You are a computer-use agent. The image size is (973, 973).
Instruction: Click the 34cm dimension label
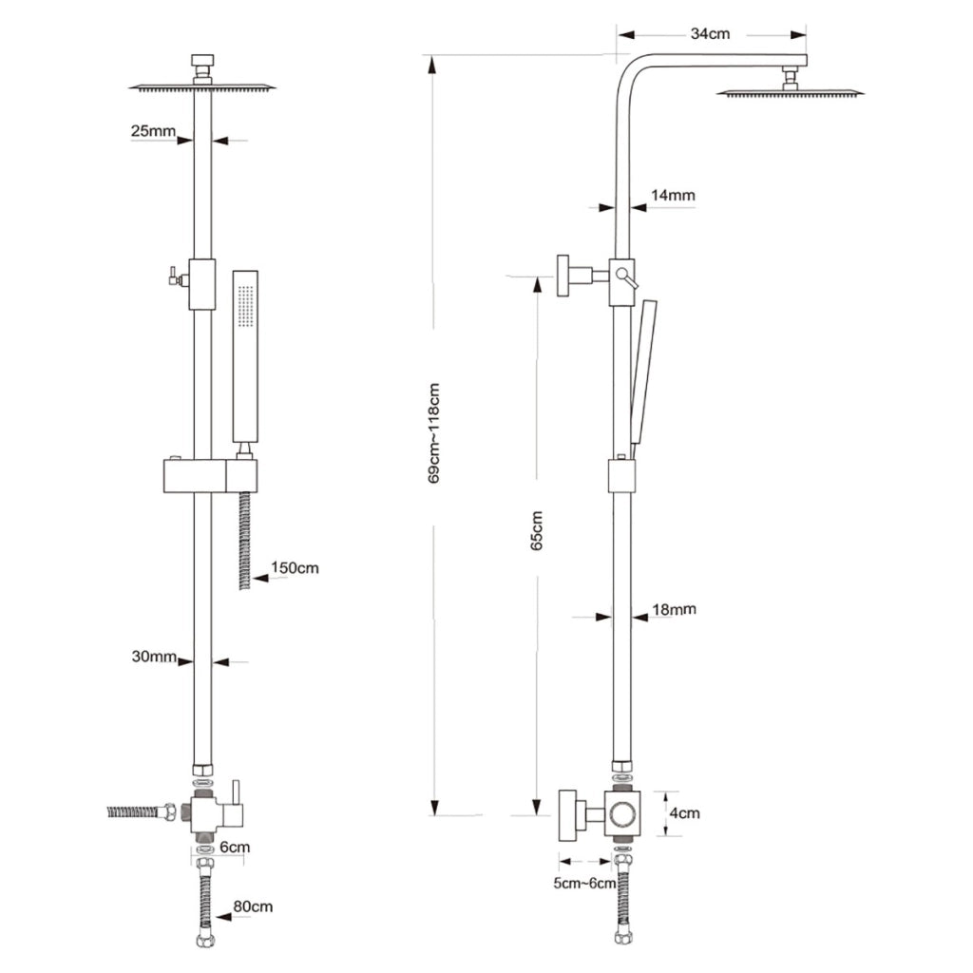pos(710,33)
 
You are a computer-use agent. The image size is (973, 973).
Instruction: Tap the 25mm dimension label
pos(153,131)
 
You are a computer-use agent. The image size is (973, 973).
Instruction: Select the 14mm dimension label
pos(673,195)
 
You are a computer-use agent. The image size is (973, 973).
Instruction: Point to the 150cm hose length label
pos(295,568)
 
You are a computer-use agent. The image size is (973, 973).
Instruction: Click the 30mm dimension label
pos(154,656)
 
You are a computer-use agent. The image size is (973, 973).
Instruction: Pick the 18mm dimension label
pos(674,609)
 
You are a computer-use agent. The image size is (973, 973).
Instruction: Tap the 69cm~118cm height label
pos(433,433)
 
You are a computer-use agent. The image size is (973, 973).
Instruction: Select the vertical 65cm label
pos(537,530)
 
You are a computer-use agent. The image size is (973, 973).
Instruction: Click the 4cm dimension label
pos(684,813)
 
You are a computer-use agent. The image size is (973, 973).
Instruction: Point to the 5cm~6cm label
pos(584,883)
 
